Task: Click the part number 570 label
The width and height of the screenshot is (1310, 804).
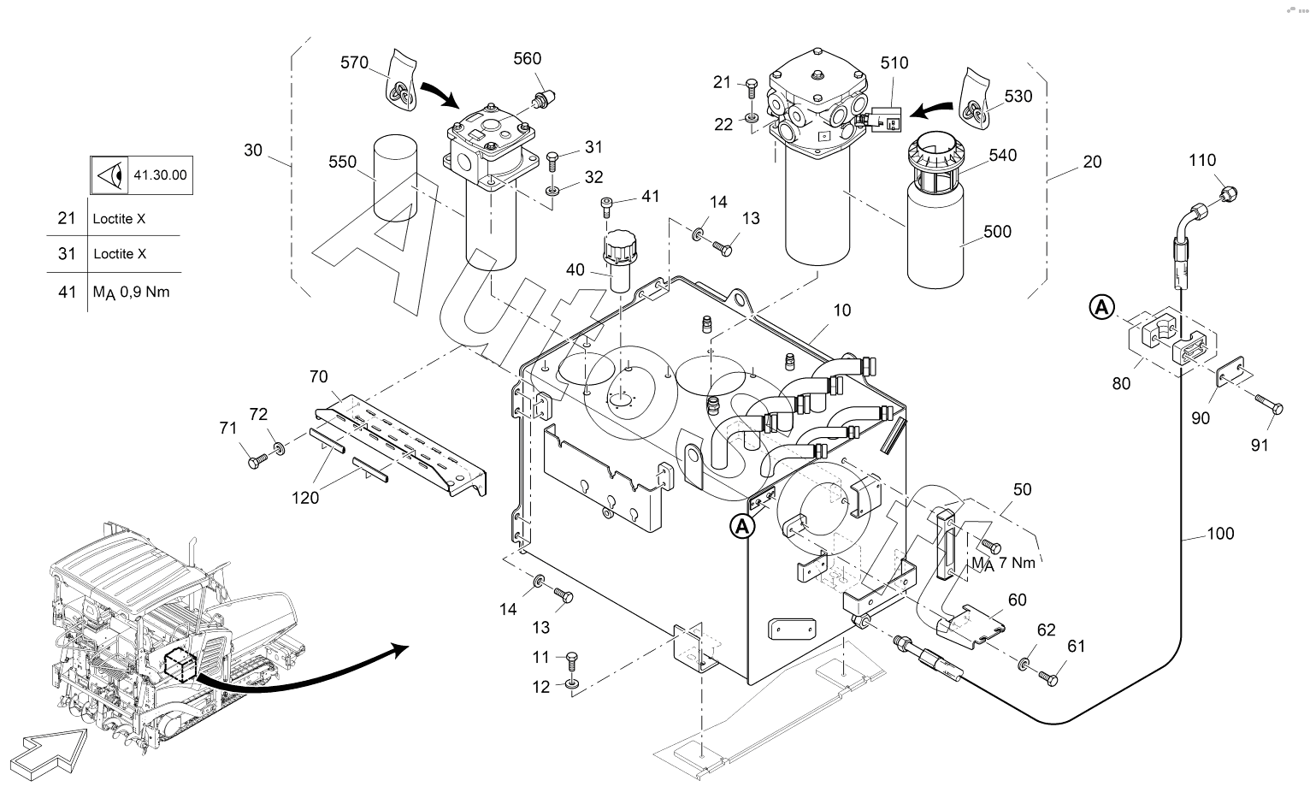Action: (354, 62)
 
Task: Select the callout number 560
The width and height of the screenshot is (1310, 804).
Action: (528, 58)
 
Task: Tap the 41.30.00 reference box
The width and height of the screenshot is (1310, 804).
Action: (159, 175)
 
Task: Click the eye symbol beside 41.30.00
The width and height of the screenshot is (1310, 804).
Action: (109, 175)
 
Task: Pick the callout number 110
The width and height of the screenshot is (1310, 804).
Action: (1201, 160)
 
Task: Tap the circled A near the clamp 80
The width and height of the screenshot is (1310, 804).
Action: (1102, 305)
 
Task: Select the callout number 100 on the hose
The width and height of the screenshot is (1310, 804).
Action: (1220, 534)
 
